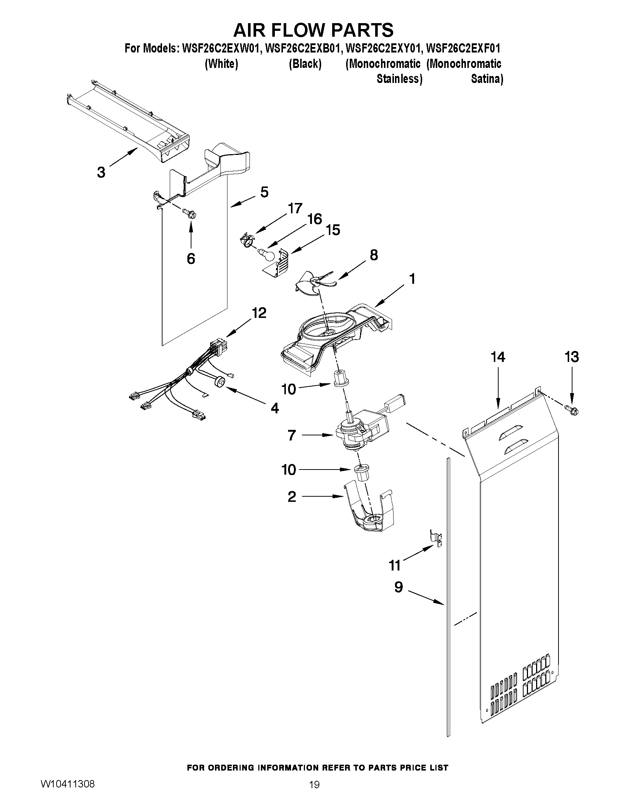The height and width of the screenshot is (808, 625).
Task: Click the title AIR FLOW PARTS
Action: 313,30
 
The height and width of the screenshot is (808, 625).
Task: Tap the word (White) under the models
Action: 221,64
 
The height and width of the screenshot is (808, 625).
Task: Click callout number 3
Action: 101,172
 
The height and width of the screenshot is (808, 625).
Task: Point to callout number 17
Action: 295,208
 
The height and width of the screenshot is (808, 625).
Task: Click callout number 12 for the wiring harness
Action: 259,313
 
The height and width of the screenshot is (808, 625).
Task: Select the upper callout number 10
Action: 289,389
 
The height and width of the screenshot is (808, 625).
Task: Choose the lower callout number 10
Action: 289,470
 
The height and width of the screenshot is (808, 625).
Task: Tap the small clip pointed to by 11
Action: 436,540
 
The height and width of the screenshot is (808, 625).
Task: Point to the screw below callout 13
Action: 572,410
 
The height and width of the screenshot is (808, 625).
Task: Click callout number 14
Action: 498,357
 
